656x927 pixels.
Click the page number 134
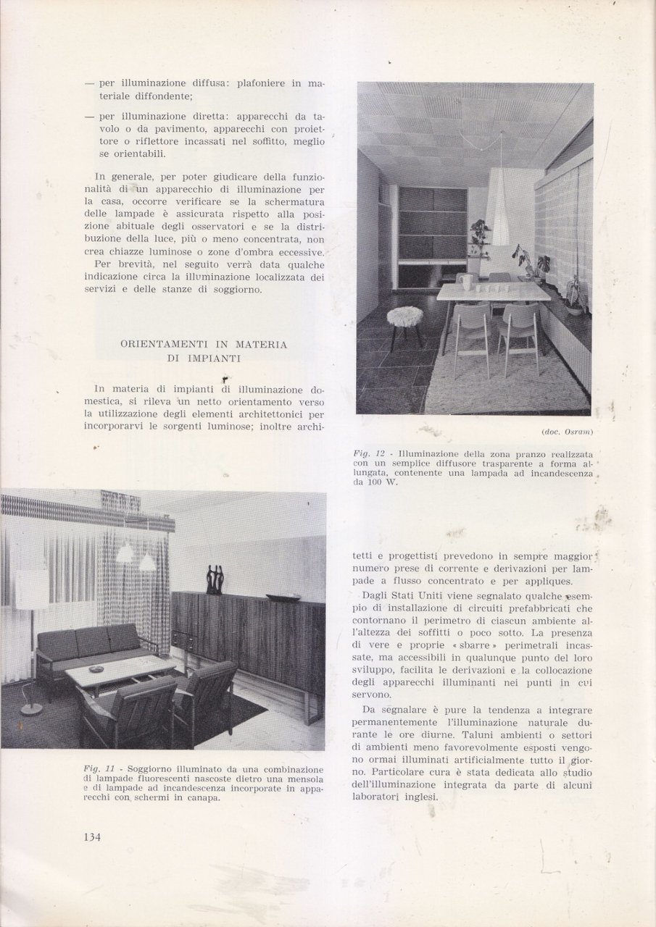pyautogui.click(x=91, y=837)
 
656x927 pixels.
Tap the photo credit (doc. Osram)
pyautogui.click(x=568, y=432)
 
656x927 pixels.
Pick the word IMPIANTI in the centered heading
pyautogui.click(x=215, y=358)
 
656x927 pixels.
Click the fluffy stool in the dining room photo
pyautogui.click(x=405, y=316)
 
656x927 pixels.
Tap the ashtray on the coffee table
pyautogui.click(x=117, y=667)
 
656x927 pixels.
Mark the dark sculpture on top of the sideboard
pyautogui.click(x=214, y=579)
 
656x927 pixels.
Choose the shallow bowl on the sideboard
pyautogui.click(x=283, y=598)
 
